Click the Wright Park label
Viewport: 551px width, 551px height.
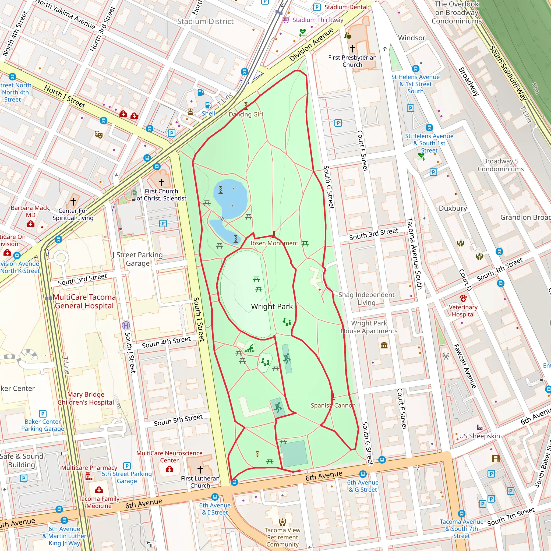[272, 307]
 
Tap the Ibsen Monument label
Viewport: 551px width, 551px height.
[274, 243]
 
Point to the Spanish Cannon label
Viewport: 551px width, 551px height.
[333, 405]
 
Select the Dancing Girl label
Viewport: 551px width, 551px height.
[246, 114]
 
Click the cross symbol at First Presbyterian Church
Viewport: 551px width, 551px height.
[352, 48]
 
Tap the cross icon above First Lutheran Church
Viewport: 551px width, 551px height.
[200, 469]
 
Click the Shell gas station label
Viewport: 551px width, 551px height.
[208, 114]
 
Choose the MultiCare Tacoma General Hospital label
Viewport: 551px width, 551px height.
[84, 301]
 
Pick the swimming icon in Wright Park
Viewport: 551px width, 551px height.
[250, 348]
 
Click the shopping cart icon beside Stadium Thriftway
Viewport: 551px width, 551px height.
[286, 20]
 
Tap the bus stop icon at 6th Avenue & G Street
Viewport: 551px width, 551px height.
[363, 474]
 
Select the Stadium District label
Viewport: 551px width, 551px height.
[205, 22]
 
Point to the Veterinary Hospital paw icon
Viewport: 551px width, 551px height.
[463, 298]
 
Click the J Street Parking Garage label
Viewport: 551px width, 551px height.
[138, 259]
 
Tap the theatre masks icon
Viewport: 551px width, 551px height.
[99, 135]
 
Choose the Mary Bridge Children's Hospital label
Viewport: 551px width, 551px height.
[86, 398]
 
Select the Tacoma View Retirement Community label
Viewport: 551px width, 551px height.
[282, 537]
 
